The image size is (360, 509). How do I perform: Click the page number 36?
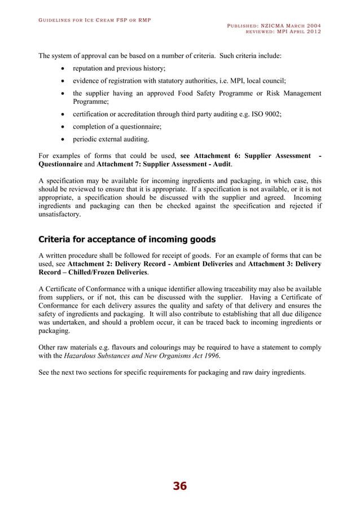[x=179, y=486]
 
